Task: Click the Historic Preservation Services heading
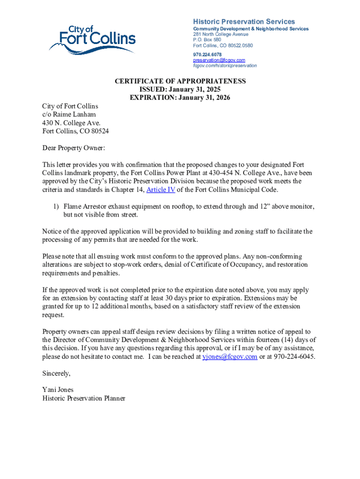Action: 244,22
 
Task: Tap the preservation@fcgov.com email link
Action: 219,60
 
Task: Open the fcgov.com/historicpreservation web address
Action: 224,65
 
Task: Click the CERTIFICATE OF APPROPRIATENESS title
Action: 180,81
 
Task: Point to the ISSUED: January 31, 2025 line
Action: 180,90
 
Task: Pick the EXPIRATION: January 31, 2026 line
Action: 180,98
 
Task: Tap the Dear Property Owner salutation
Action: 74,148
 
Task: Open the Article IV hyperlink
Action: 161,189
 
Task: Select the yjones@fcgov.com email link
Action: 230,356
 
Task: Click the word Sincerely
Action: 57,373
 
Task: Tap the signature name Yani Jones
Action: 58,390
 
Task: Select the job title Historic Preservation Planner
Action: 84,398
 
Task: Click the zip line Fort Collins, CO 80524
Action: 75,131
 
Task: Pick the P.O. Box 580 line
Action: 207,40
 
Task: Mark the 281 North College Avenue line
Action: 222,34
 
